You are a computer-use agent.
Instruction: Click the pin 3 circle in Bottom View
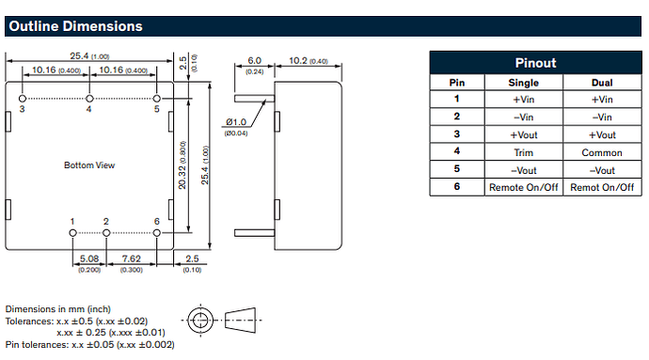(23, 99)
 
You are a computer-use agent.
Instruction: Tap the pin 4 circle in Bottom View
(89, 99)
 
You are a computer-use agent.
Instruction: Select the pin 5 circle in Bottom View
(156, 99)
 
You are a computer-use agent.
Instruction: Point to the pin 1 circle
(72, 233)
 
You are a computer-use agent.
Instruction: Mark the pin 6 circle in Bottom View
(156, 233)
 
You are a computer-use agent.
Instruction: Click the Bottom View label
(89, 165)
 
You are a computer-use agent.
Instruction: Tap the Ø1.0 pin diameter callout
(236, 122)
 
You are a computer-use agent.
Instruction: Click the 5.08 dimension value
(89, 259)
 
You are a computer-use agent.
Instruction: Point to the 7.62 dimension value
(131, 259)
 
